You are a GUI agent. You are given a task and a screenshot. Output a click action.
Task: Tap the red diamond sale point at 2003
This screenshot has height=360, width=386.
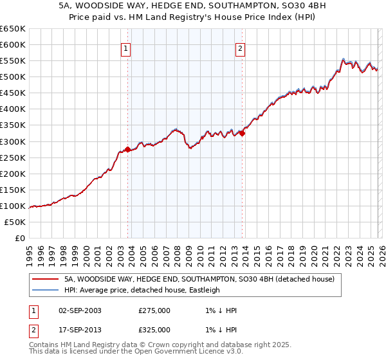click(x=127, y=149)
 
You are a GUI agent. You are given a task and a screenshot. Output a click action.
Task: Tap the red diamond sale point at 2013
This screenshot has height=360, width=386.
click(x=242, y=133)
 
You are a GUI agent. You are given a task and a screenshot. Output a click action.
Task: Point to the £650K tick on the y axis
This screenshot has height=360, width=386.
click(x=13, y=29)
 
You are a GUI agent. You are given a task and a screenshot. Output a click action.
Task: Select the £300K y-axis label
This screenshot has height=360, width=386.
click(x=13, y=141)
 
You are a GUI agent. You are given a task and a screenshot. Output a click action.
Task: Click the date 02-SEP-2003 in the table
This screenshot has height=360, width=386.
click(x=80, y=310)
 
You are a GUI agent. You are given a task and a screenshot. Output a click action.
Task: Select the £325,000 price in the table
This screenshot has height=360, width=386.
click(x=154, y=330)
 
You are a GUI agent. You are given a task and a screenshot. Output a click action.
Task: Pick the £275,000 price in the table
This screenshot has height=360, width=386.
click(x=154, y=310)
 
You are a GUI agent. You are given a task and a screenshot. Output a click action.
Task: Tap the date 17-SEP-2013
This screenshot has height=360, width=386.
click(x=80, y=330)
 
